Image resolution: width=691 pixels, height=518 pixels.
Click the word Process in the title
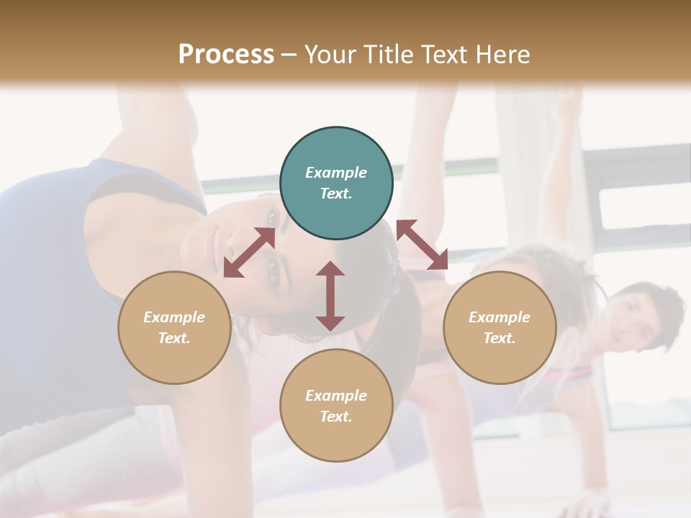(x=226, y=55)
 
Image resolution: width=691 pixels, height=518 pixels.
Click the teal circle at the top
(x=336, y=183)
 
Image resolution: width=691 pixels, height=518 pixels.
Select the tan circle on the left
(x=174, y=327)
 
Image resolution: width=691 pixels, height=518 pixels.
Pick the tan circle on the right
(x=500, y=327)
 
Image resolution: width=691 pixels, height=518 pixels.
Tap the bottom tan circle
(x=336, y=406)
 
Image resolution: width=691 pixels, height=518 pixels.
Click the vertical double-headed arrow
(x=330, y=296)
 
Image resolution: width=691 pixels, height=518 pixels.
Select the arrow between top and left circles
(x=249, y=253)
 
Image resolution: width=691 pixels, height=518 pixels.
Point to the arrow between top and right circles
(x=422, y=245)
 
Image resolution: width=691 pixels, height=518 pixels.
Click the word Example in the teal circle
(x=336, y=173)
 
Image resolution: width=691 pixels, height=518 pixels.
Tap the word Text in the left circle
(x=174, y=338)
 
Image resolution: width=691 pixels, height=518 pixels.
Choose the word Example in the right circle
(x=500, y=317)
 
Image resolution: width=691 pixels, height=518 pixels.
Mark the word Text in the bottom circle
(x=336, y=417)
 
